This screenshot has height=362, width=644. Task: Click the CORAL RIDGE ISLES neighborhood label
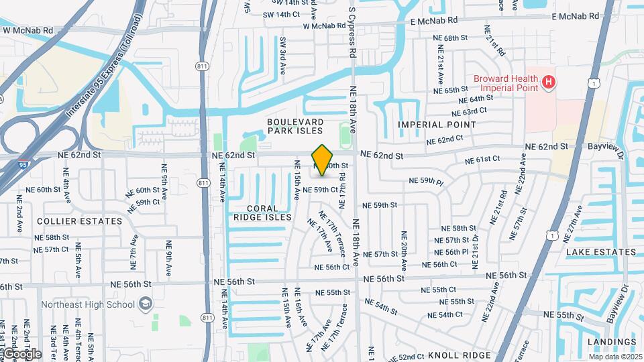click(x=262, y=213)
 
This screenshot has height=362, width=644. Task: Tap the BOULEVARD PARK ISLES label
click(x=295, y=126)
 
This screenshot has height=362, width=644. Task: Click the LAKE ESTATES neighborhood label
click(x=600, y=252)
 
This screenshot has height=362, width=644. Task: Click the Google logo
click(x=21, y=354)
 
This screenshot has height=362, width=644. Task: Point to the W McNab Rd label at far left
click(x=28, y=30)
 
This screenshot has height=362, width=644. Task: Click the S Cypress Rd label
click(x=351, y=28)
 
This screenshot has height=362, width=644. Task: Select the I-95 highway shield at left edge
click(x=23, y=163)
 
